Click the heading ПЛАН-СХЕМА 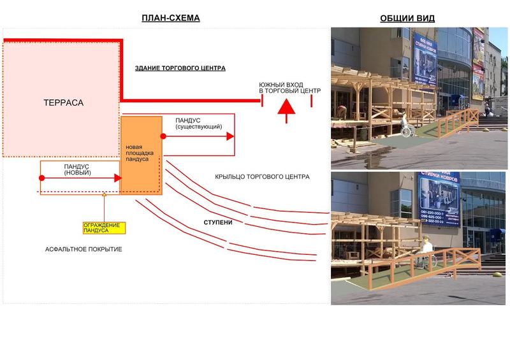click(170, 18)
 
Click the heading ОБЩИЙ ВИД click(407, 18)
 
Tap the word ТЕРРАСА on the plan click(64, 103)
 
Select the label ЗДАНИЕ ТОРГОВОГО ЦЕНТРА click(180, 68)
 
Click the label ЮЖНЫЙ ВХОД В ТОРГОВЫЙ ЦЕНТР click(289, 89)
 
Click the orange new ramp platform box click(141, 155)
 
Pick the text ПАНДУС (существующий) click(198, 123)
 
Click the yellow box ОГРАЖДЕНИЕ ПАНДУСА click(105, 227)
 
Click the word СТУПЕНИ click(217, 222)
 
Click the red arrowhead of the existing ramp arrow click(230, 136)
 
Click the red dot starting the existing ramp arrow click(164, 136)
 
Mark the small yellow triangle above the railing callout click(104, 194)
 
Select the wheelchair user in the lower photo click(425, 252)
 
